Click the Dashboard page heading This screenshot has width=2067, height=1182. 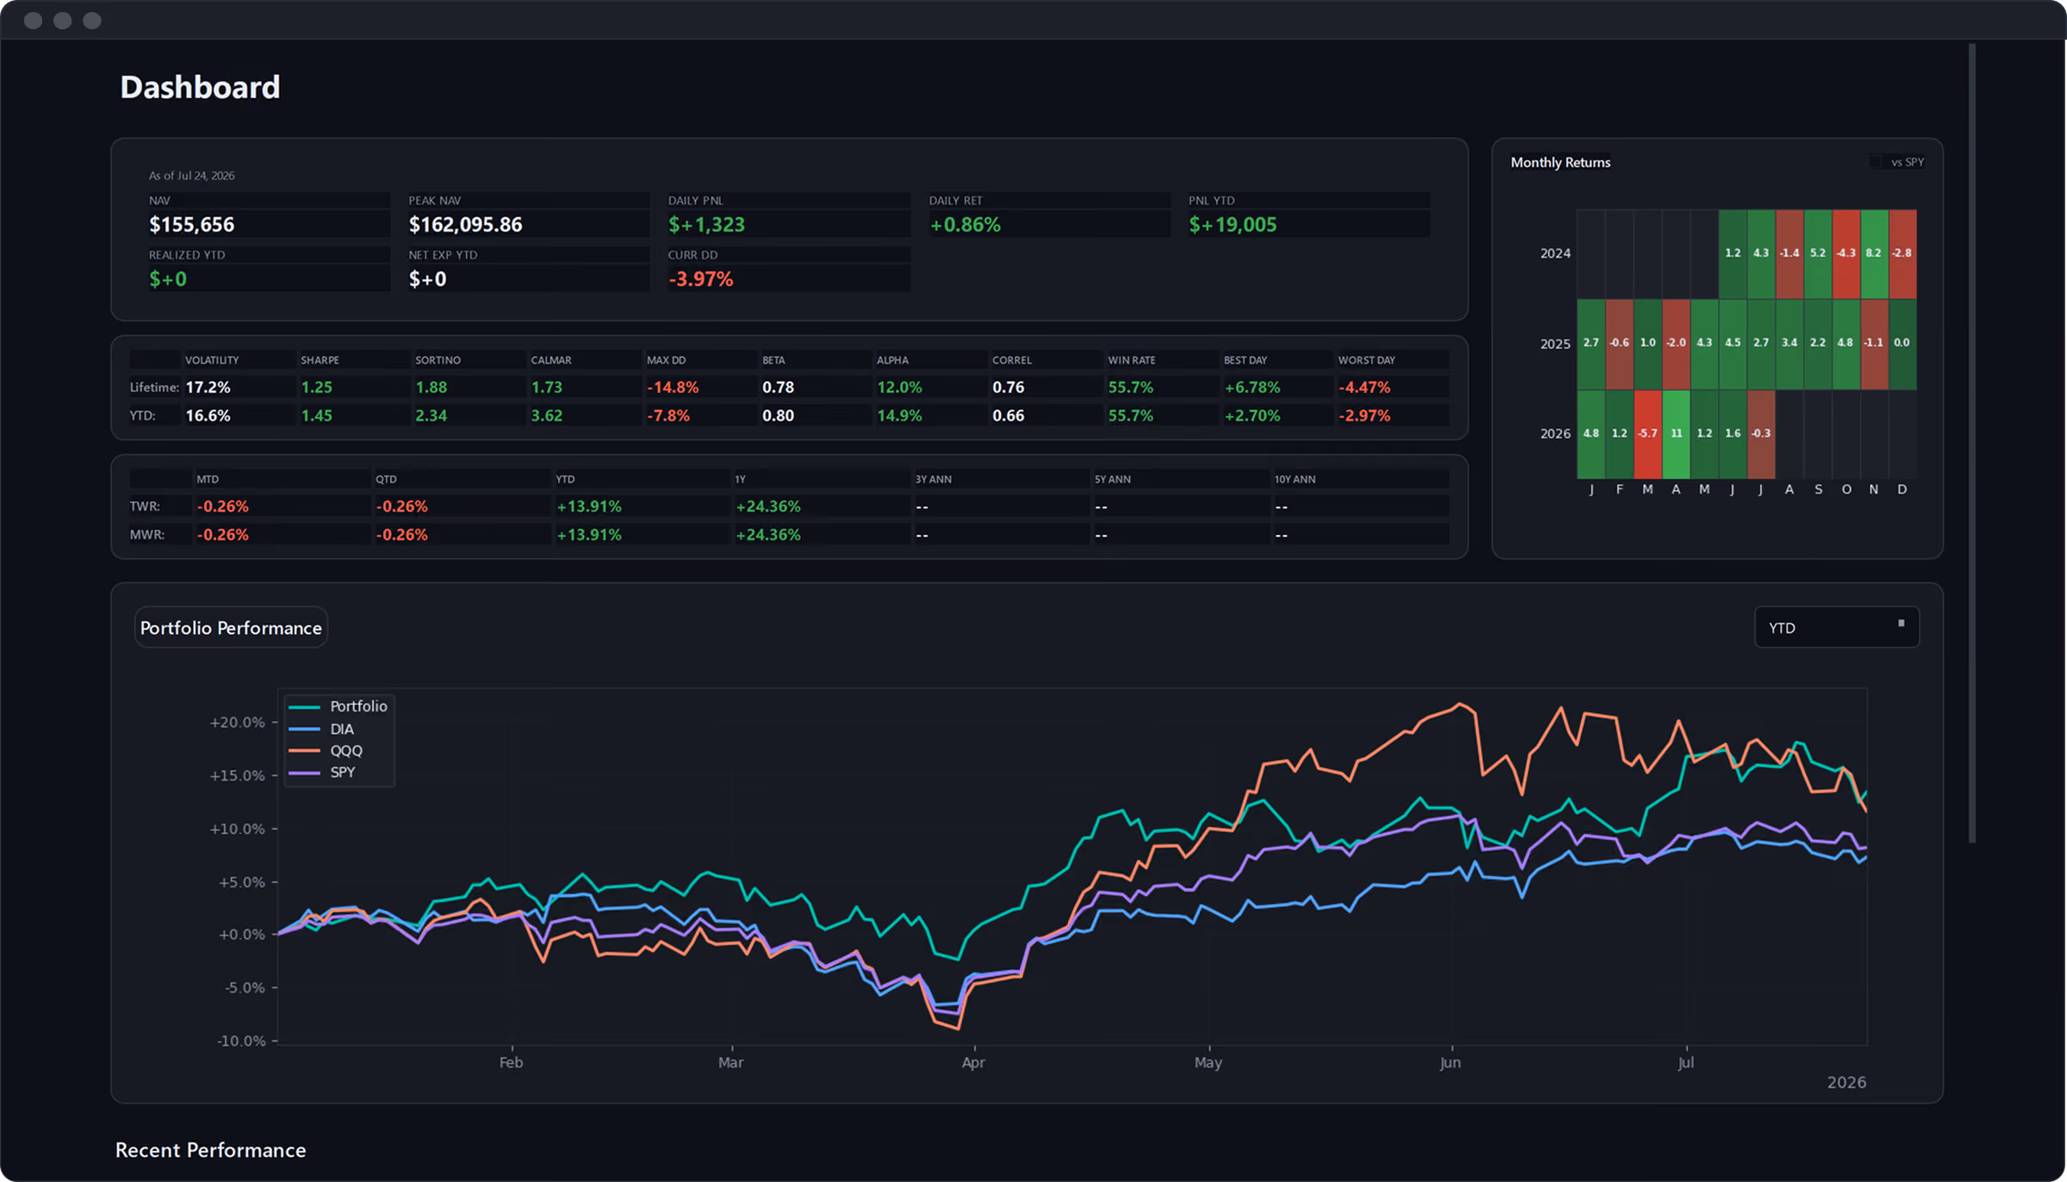tap(200, 87)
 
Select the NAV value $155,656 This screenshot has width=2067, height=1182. tap(191, 225)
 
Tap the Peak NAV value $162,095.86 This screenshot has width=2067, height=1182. tap(465, 225)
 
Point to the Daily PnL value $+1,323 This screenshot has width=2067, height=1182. tap(706, 225)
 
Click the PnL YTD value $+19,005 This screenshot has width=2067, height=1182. tap(1232, 225)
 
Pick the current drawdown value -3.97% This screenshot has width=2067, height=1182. tap(700, 279)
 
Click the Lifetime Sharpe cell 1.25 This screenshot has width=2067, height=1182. tap(316, 388)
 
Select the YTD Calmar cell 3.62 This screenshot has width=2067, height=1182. tap(546, 415)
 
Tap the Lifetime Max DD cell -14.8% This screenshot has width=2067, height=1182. tap(673, 388)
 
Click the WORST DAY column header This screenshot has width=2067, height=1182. tap(1366, 360)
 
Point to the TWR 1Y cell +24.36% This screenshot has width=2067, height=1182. tap(768, 507)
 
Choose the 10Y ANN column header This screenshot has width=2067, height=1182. tap(1294, 479)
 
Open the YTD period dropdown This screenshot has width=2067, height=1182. tap(1836, 627)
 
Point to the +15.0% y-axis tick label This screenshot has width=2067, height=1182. tap(237, 775)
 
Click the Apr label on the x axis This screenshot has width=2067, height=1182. tap(973, 1062)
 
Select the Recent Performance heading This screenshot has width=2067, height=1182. tap(210, 1150)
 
